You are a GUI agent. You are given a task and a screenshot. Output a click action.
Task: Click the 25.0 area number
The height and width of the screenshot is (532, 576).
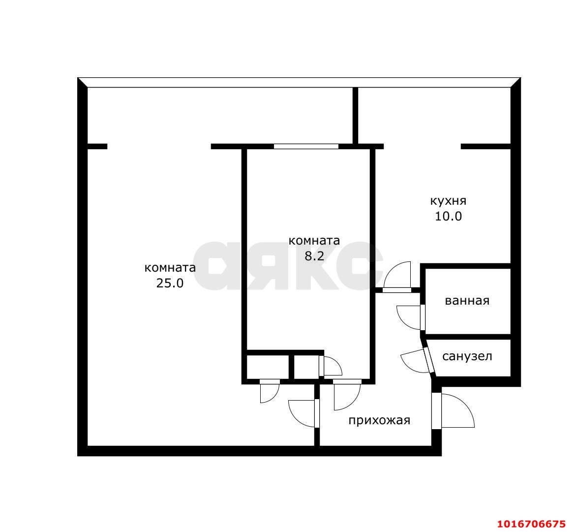click(x=170, y=283)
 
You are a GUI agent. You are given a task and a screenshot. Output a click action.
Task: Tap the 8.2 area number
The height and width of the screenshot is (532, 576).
click(x=314, y=256)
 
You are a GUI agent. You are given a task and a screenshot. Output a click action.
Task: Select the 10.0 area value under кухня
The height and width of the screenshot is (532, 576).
click(x=448, y=216)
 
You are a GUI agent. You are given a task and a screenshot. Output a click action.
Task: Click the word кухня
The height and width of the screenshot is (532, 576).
click(x=448, y=201)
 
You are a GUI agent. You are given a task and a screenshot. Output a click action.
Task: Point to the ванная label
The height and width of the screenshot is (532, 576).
click(x=467, y=301)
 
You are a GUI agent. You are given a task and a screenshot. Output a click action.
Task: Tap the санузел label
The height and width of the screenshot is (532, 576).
click(x=467, y=356)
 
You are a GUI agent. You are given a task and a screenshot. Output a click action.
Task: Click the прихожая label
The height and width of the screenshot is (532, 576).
click(x=379, y=420)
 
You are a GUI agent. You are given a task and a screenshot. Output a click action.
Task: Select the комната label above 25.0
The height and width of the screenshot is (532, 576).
click(x=170, y=268)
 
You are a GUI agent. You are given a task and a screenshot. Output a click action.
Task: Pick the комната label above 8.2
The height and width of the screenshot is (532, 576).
click(x=314, y=241)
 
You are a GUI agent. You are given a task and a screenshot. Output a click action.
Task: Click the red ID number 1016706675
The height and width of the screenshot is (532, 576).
click(x=532, y=524)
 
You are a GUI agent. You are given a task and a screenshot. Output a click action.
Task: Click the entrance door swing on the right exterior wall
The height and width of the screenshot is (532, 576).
click(x=458, y=410)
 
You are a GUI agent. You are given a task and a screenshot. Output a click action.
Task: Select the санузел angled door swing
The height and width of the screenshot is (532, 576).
click(x=415, y=360)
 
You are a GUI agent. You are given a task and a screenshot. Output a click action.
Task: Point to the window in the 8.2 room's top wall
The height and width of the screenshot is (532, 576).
click(x=306, y=146)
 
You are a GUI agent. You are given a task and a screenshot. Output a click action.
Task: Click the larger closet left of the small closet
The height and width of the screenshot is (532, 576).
click(x=268, y=367)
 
